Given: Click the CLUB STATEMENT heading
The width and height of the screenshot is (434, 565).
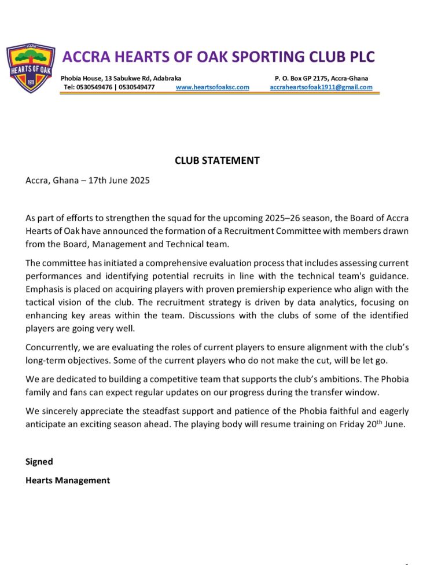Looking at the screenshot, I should tap(217, 160).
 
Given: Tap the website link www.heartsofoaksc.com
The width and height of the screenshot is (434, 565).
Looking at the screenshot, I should tap(212, 87).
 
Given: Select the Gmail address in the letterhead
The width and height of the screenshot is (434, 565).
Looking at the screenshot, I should tap(321, 87).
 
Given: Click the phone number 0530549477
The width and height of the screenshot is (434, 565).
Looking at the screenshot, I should tap(137, 87).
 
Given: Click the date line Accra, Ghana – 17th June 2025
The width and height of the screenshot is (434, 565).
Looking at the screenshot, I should tap(87, 180).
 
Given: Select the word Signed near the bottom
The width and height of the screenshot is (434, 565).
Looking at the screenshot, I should tap(39, 461).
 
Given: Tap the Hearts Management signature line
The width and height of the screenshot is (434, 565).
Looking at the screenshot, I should tap(67, 480).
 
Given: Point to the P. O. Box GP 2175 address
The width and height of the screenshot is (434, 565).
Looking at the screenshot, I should tap(321, 78).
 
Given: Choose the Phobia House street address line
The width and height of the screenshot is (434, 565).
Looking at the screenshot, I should tap(121, 78).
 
